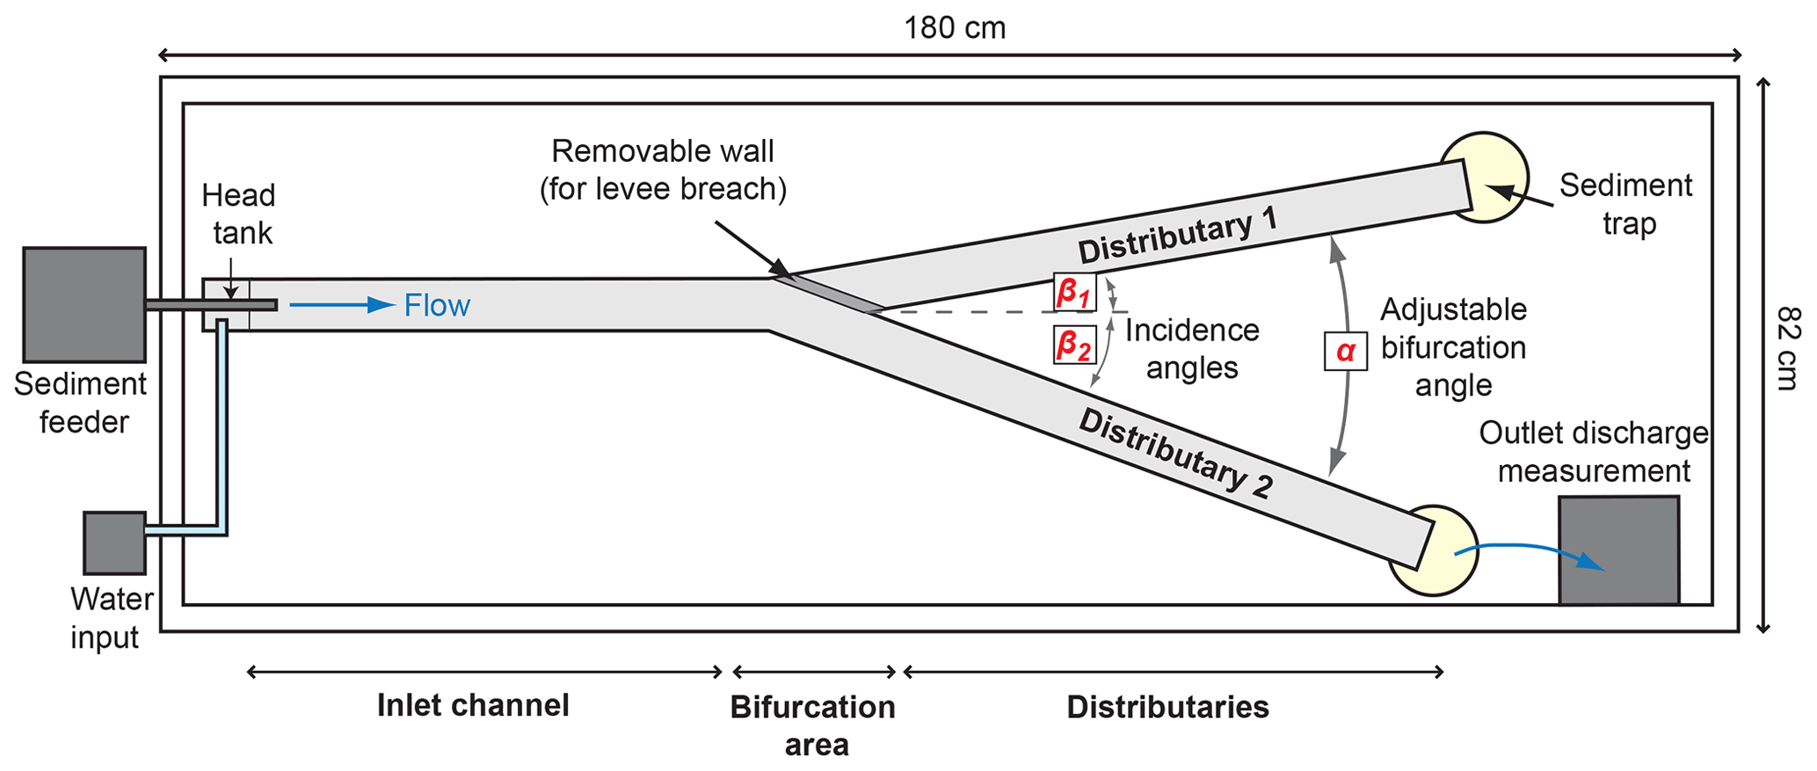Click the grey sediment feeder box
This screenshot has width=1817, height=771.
coord(84,304)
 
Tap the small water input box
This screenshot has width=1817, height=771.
coord(114,542)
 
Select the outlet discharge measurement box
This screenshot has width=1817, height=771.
coord(1618,549)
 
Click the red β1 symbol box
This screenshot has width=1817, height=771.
coord(1074,292)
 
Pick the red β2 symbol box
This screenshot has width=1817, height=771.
coord(1074,345)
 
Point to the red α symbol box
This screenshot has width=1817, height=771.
coord(1345,351)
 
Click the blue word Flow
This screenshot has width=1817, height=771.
coord(437,306)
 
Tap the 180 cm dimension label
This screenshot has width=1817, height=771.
coord(955,28)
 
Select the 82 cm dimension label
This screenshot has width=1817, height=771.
coord(1788,348)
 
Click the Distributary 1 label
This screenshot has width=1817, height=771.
coord(1178,236)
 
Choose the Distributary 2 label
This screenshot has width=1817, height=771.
coord(1176,454)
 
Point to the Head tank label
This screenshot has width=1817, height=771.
coord(239,214)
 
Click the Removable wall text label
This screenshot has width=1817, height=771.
coord(663,170)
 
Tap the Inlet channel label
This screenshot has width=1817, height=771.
coord(473,705)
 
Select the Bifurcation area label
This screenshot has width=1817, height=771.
coord(813,725)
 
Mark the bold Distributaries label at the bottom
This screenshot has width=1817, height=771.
coord(1167,707)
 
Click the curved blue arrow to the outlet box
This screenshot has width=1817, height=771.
coord(1530,551)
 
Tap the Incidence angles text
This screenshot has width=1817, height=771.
coord(1192,349)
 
